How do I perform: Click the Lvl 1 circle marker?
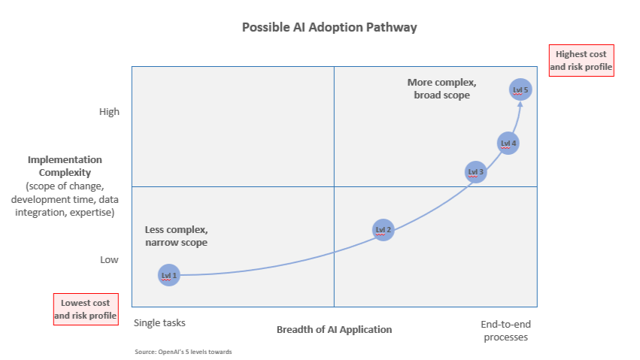pos(169,275)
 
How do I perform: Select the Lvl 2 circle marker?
pos(384,229)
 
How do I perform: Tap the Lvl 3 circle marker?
pos(476,172)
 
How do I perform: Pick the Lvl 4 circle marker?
pos(508,143)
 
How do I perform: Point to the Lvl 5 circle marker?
pos(520,89)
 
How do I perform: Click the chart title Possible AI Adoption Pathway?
pos(329,27)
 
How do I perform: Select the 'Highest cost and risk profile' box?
pos(581,60)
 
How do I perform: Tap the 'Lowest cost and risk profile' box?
pos(86,309)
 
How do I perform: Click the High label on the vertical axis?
pos(109,111)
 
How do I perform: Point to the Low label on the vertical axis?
pos(109,260)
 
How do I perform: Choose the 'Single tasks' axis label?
pos(159,322)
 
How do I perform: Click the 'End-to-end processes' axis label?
pos(505,331)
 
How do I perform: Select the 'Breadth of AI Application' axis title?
pos(334,329)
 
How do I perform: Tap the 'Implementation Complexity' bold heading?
pos(65,166)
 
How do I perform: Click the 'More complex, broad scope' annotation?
pos(442,89)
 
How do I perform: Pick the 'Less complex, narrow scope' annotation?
pos(176,236)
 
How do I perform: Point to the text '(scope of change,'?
pos(64,186)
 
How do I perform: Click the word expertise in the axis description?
pos(89,213)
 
